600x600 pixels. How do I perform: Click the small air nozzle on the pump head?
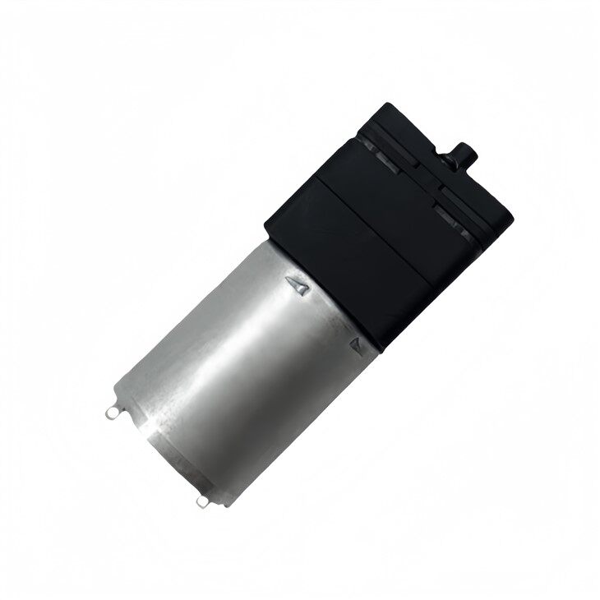(x=463, y=152)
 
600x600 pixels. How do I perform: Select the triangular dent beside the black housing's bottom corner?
(x=357, y=343)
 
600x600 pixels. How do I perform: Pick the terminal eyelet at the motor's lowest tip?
(x=202, y=501)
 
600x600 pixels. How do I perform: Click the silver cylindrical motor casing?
(x=238, y=362)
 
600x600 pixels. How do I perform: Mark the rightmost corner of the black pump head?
(x=512, y=217)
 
